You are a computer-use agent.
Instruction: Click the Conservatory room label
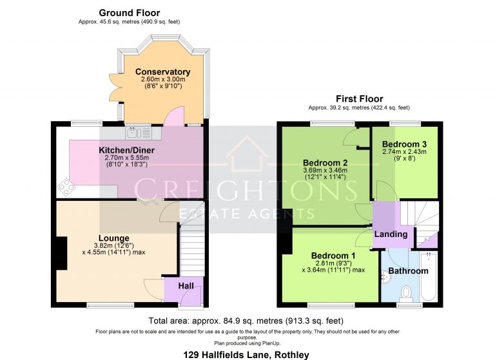[163, 71]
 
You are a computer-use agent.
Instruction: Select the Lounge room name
[113, 238]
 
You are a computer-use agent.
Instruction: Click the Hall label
[186, 285]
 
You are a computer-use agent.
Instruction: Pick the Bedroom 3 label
[404, 144]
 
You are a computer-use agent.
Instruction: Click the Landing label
[391, 234]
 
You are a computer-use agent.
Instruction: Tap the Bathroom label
[407, 271]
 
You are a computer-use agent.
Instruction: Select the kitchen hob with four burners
[67, 187]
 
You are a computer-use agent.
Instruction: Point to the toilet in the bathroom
[406, 294]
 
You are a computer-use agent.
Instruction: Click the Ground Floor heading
[129, 13]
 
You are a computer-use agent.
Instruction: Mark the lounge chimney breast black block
[61, 252]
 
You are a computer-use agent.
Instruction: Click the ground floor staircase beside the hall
[191, 252]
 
